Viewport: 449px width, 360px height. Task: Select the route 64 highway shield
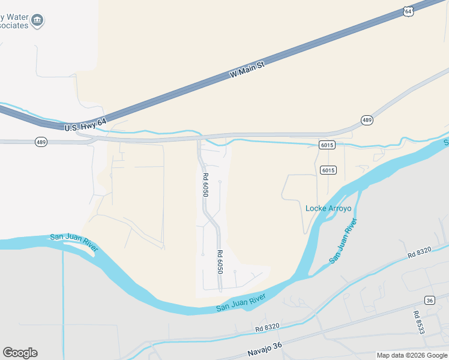click(408, 11)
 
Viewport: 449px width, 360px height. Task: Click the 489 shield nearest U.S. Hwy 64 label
click(41, 142)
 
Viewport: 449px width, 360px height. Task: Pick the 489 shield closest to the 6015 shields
click(367, 120)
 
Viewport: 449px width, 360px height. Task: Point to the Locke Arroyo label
click(328, 208)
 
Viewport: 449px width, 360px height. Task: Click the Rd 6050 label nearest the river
click(220, 262)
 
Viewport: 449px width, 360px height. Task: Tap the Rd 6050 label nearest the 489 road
click(205, 185)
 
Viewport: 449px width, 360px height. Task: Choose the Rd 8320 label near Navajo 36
click(267, 328)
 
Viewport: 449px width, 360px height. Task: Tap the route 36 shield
click(429, 299)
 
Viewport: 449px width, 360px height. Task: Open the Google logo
click(20, 352)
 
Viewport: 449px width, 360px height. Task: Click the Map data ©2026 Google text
click(412, 355)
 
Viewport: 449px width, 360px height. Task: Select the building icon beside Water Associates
click(37, 20)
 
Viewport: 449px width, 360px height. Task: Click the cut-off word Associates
click(12, 26)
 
